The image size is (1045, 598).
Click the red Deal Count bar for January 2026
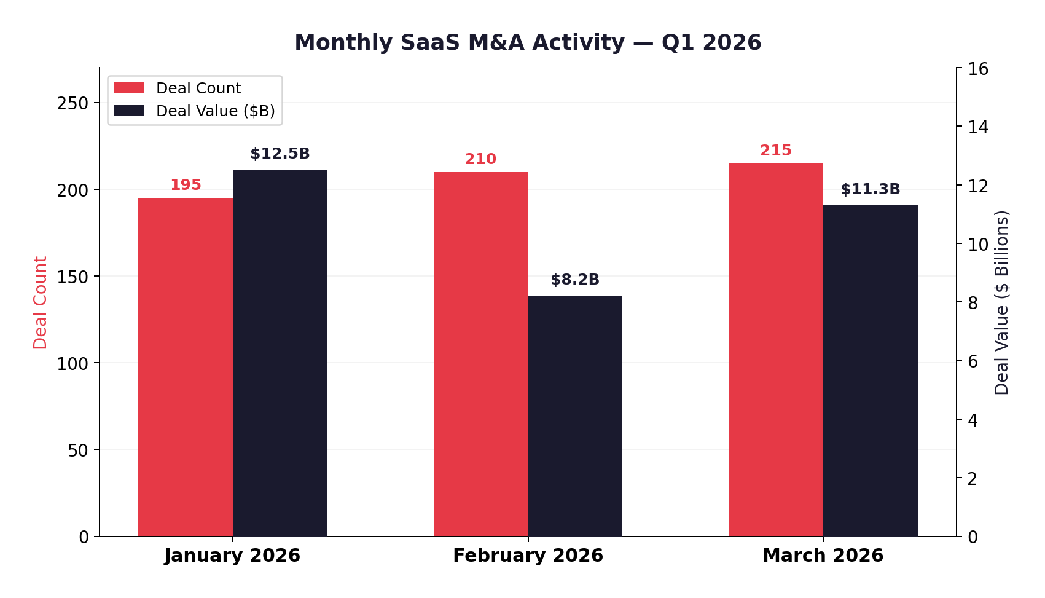185,367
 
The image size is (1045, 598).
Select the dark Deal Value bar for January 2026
280,353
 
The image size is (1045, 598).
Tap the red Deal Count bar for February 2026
480,354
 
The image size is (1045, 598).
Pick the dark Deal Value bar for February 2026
575,416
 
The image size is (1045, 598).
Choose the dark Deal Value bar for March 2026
870,371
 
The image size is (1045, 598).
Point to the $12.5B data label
280,154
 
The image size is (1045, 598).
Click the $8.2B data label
575,280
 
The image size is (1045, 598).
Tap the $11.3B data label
870,190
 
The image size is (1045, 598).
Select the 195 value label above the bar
186,185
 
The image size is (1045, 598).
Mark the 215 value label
775,151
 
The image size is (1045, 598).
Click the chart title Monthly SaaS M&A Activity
528,43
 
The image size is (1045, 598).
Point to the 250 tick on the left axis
72,103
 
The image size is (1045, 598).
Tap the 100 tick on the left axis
72,364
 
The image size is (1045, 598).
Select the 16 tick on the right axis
977,69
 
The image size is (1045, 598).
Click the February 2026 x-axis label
528,556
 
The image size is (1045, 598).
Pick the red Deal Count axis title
41,302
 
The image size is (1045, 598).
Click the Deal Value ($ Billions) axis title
1001,302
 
